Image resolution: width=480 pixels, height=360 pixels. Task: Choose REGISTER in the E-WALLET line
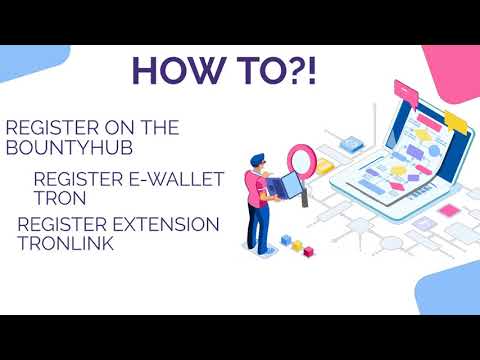point(74,177)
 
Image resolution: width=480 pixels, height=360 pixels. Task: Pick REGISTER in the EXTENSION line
point(60,224)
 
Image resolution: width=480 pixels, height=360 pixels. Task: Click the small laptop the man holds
point(282,187)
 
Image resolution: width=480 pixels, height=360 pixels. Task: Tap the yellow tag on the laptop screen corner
point(456,122)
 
